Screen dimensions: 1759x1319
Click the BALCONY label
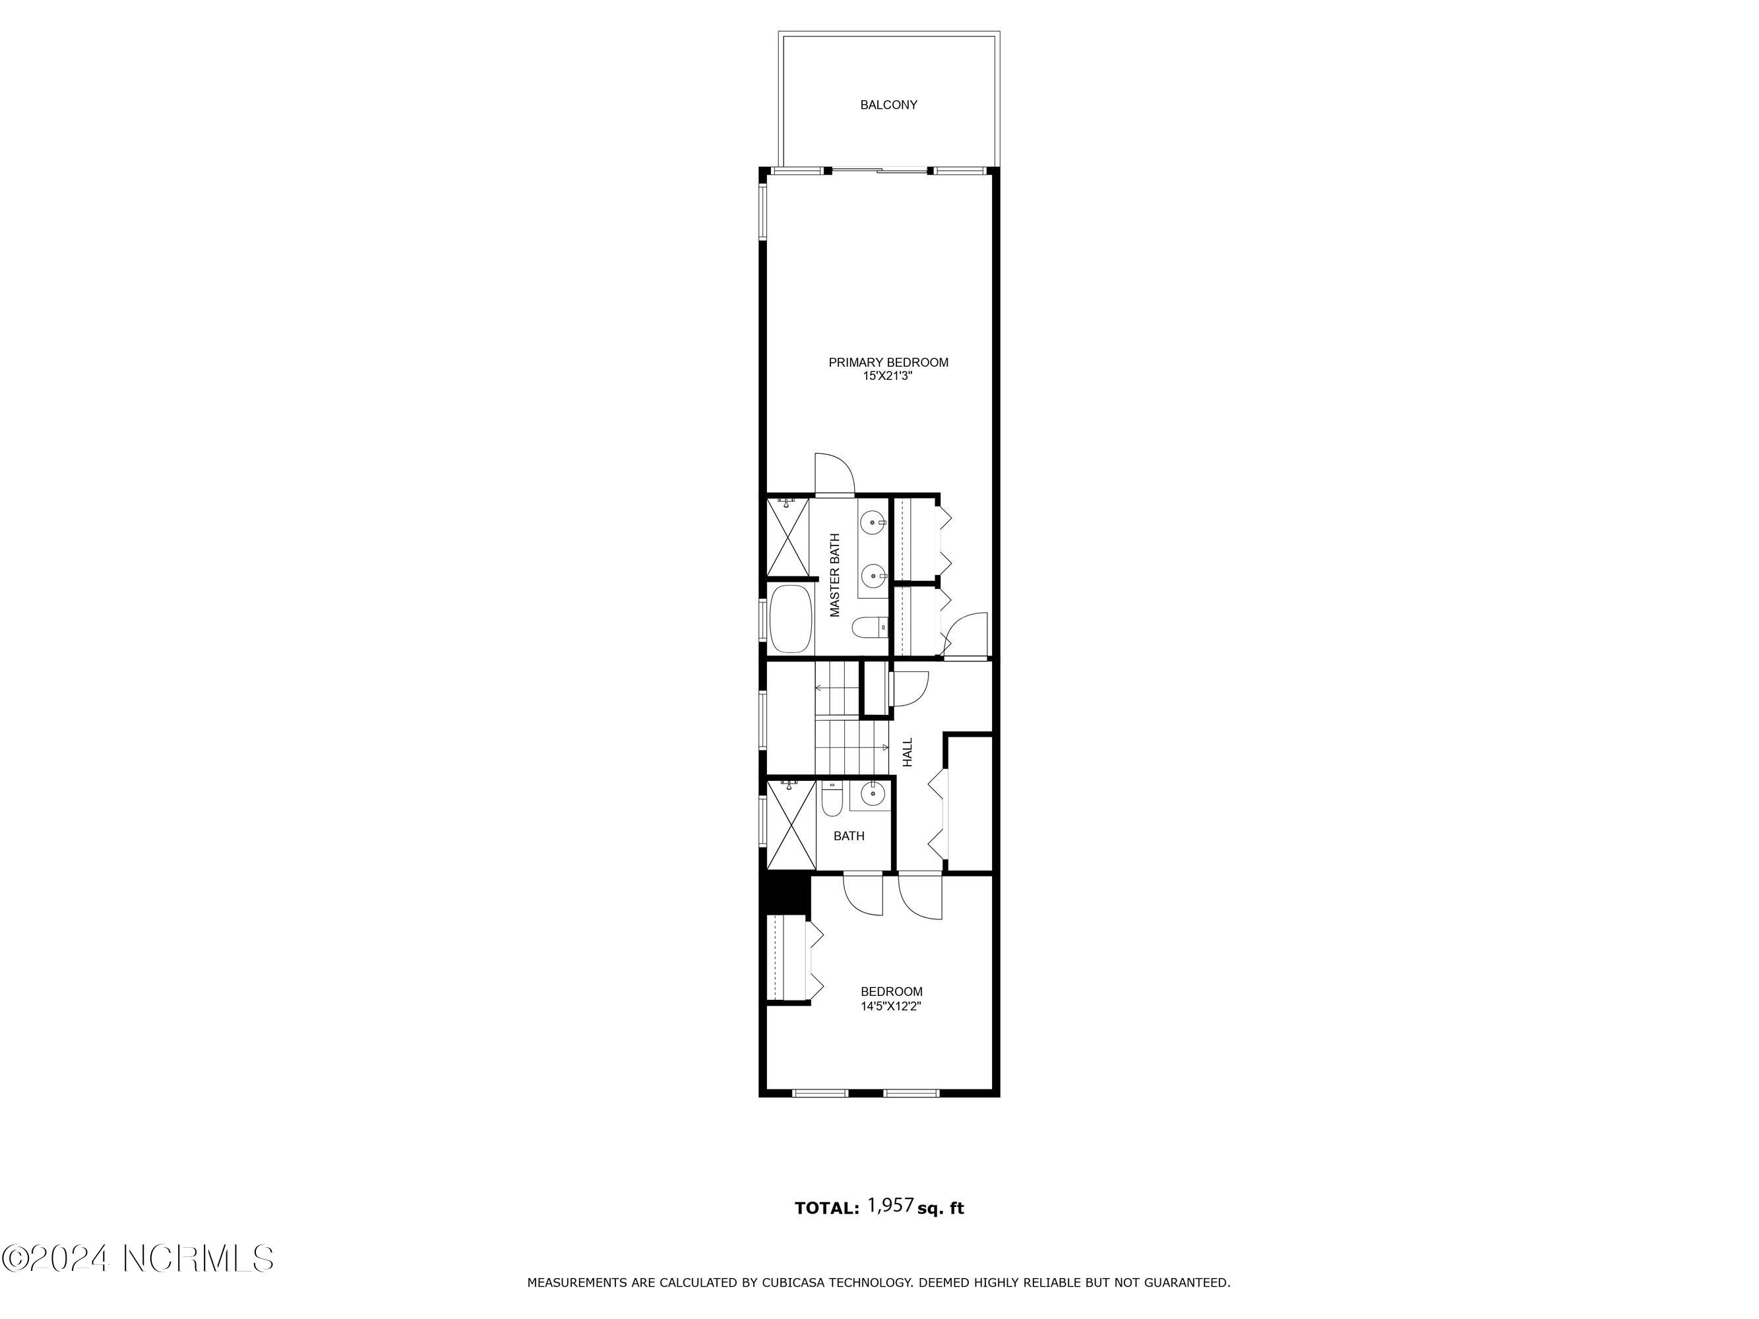pos(888,105)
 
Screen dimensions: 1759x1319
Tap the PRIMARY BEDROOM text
pos(888,363)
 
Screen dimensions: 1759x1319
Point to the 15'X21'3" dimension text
pos(888,376)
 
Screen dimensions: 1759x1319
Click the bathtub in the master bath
pos(790,619)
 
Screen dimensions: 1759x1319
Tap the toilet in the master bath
pos(870,628)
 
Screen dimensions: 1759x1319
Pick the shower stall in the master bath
pos(788,536)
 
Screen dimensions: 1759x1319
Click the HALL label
pos(908,752)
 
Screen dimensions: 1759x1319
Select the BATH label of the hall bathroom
pos(848,836)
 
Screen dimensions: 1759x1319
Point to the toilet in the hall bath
pos(832,799)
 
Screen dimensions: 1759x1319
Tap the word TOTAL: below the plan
pos(827,1208)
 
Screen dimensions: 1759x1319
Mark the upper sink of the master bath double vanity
pos(874,522)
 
